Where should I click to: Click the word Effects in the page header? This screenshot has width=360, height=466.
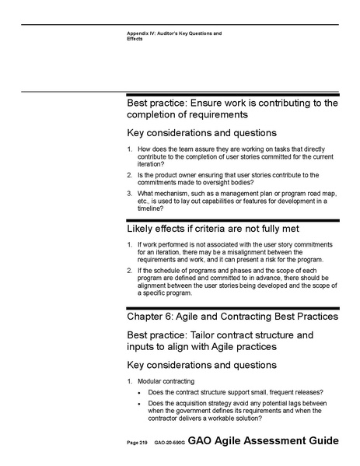[135, 39]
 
